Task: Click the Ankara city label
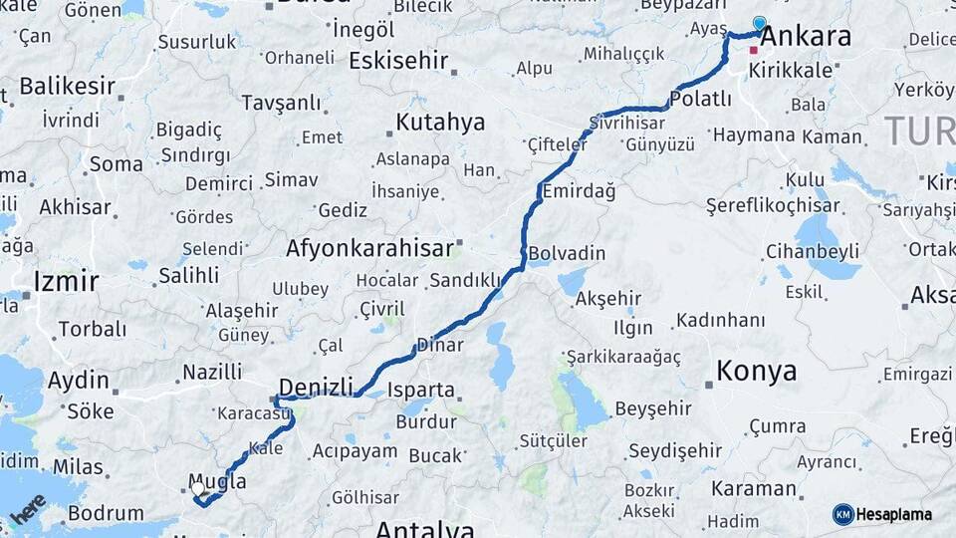pyautogui.click(x=806, y=37)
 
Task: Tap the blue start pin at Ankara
pyautogui.click(x=760, y=24)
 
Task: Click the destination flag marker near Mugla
pyautogui.click(x=200, y=490)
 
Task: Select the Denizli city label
pyautogui.click(x=317, y=387)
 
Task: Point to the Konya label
pyautogui.click(x=756, y=372)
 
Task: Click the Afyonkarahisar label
pyautogui.click(x=369, y=247)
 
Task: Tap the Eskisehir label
pyautogui.click(x=398, y=61)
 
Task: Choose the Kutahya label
pyautogui.click(x=440, y=123)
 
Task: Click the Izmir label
pyautogui.click(x=66, y=281)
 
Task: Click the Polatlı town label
pyautogui.click(x=701, y=100)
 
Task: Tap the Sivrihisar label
pyautogui.click(x=626, y=124)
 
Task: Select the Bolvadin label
pyautogui.click(x=567, y=253)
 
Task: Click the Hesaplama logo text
pyautogui.click(x=893, y=514)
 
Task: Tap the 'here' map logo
pyautogui.click(x=28, y=511)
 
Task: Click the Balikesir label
pyautogui.click(x=67, y=86)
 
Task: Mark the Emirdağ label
pyautogui.click(x=578, y=191)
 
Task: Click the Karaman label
pyautogui.click(x=754, y=488)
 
